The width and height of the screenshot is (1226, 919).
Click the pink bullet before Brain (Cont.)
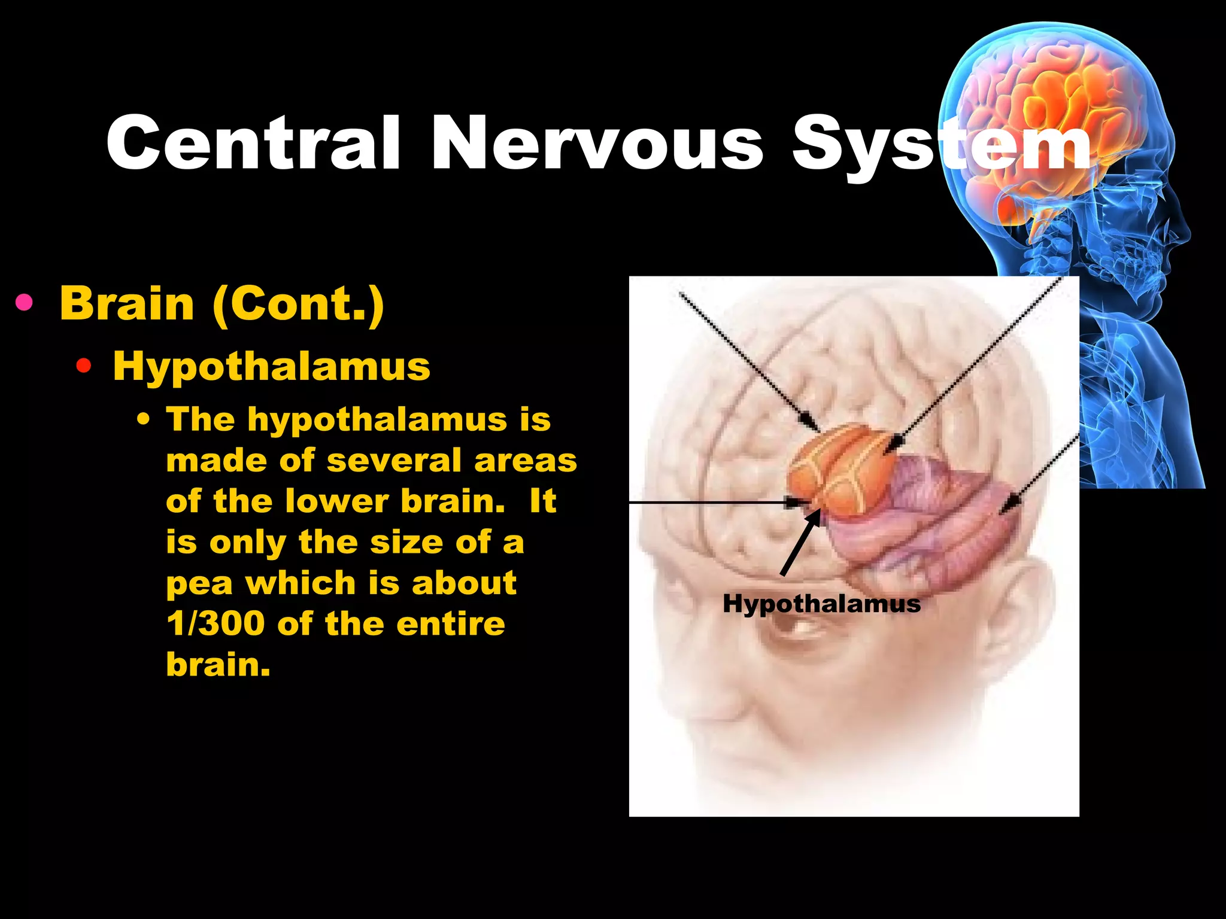tap(25, 303)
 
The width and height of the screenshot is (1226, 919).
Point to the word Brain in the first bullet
tap(127, 303)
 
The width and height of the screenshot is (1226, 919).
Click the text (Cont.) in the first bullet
tap(298, 305)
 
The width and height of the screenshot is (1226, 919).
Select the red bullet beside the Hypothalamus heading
tap(84, 366)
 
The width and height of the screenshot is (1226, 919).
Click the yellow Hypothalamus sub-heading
tap(271, 367)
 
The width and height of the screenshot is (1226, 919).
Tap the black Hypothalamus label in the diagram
tap(821, 603)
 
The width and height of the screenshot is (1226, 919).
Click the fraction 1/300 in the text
tap(216, 623)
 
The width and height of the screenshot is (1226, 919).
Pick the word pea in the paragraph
tap(199, 584)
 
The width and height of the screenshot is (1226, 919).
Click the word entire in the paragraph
tap(450, 623)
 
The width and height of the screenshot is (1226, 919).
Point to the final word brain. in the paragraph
tap(218, 664)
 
